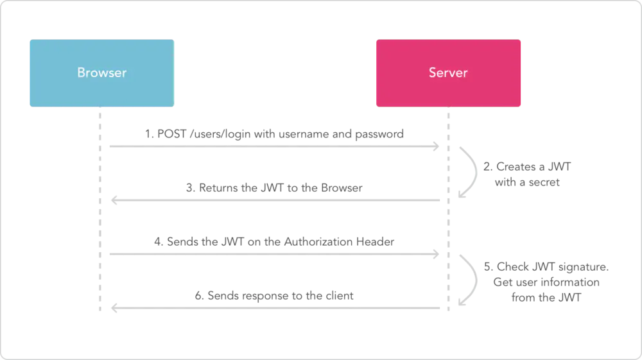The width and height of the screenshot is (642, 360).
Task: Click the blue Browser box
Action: pyautogui.click(x=102, y=73)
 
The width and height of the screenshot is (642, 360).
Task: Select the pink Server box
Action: pyautogui.click(x=448, y=73)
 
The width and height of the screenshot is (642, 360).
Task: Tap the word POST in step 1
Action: pyautogui.click(x=172, y=134)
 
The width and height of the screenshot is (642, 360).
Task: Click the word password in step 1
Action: pyautogui.click(x=379, y=135)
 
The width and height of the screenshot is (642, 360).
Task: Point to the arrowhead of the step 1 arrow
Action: pyautogui.click(x=436, y=146)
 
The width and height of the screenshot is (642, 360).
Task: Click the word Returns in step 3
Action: pyautogui.click(x=219, y=188)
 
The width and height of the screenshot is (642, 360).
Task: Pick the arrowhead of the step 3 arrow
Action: pyautogui.click(x=115, y=200)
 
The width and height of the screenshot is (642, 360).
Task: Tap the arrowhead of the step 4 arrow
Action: pyautogui.click(x=436, y=254)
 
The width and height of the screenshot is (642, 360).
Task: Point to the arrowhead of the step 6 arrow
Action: pyautogui.click(x=115, y=308)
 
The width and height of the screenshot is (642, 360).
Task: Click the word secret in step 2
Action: pyautogui.click(x=544, y=182)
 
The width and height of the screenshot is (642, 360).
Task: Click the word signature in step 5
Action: pyautogui.click(x=584, y=268)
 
